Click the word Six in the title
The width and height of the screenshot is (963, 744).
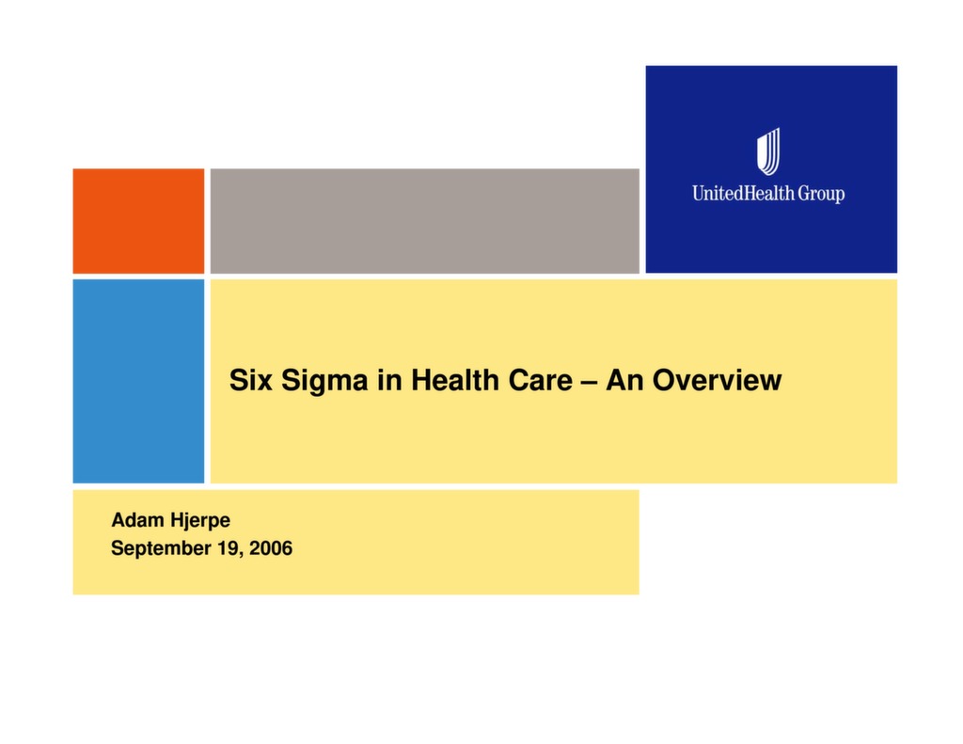[x=248, y=381]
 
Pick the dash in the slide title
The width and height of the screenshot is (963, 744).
[x=589, y=382]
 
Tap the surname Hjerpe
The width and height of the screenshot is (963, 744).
[x=199, y=521]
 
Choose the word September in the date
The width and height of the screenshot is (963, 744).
[x=160, y=548]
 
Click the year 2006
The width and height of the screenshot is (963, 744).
[x=271, y=548]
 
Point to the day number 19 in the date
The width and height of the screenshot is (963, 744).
[x=229, y=548]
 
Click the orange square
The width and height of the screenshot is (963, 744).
[x=138, y=221]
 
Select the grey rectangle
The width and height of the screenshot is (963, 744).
[x=424, y=221]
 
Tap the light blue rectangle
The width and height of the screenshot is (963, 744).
[x=138, y=381]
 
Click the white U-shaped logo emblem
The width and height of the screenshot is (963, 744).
[x=768, y=151]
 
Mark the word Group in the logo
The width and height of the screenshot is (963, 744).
[x=822, y=194]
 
